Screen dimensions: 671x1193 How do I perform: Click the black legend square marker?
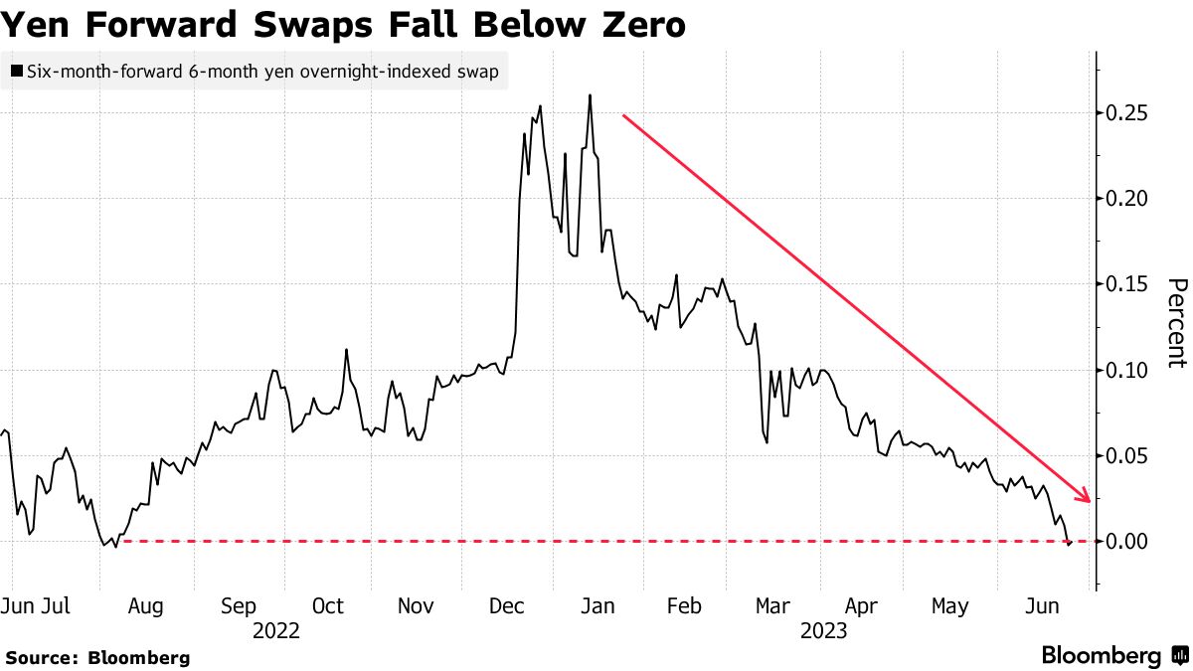(x=16, y=72)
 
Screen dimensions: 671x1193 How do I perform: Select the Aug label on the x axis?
(x=147, y=606)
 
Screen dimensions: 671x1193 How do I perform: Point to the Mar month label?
(x=772, y=606)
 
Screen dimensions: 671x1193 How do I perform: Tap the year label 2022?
(x=276, y=630)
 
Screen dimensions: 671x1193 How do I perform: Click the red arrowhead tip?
(x=1091, y=500)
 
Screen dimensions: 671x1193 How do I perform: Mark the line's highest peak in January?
(x=591, y=95)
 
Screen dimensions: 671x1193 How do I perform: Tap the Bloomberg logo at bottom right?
(x=1113, y=656)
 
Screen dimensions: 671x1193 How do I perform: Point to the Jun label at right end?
(x=1042, y=606)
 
